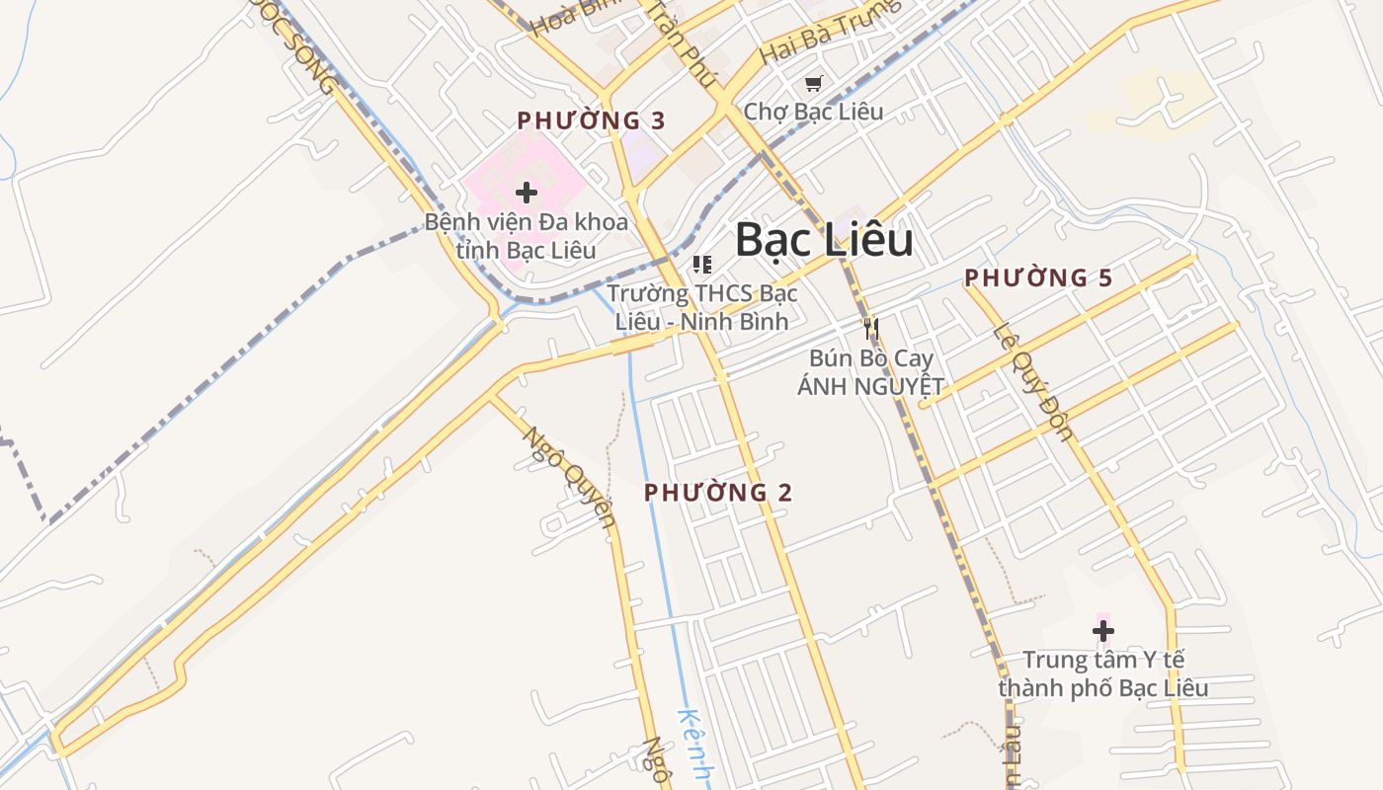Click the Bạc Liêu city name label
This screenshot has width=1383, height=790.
click(x=824, y=241)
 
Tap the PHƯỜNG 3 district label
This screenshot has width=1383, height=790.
click(x=591, y=121)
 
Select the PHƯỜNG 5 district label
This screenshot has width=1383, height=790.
click(x=1038, y=278)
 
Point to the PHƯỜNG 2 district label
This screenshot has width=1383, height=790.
click(x=718, y=492)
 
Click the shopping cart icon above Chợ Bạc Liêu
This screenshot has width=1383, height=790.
click(x=813, y=84)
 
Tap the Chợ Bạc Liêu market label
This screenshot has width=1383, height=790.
click(x=813, y=111)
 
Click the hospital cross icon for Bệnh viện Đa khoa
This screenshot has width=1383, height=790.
click(x=527, y=192)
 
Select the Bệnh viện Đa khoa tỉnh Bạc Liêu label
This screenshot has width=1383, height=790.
click(x=527, y=235)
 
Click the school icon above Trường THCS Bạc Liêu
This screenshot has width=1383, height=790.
click(x=702, y=264)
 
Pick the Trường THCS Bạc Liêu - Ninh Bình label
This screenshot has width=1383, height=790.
click(x=702, y=307)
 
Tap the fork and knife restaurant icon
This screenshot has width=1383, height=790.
click(x=870, y=328)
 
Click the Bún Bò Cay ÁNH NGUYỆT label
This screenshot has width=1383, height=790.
click(x=870, y=372)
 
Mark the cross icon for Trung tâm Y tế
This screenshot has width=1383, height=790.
click(x=1102, y=630)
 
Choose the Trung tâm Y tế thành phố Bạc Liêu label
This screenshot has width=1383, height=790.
click(x=1102, y=673)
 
